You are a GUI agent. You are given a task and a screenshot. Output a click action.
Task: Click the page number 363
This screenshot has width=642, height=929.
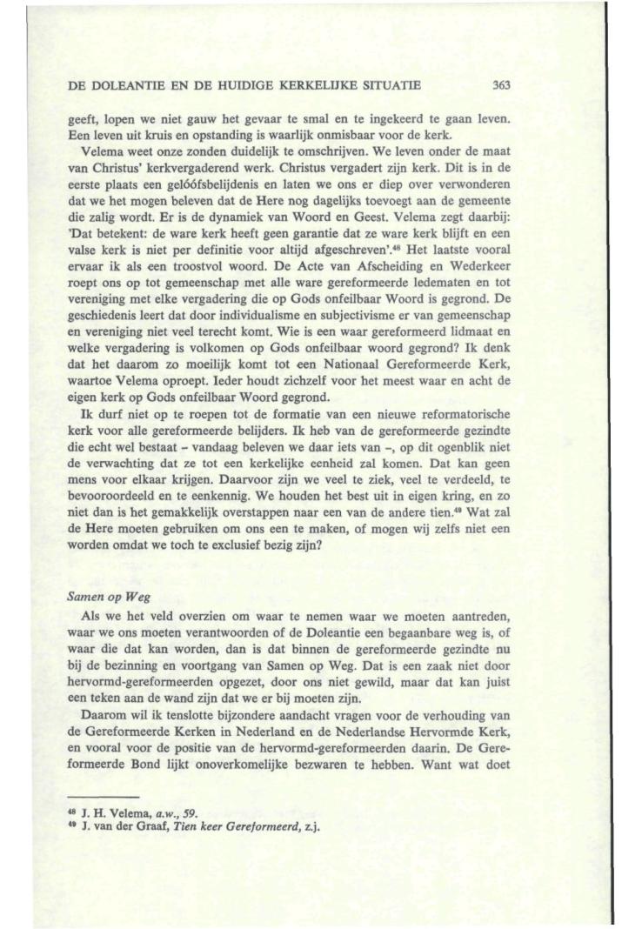(499, 85)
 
